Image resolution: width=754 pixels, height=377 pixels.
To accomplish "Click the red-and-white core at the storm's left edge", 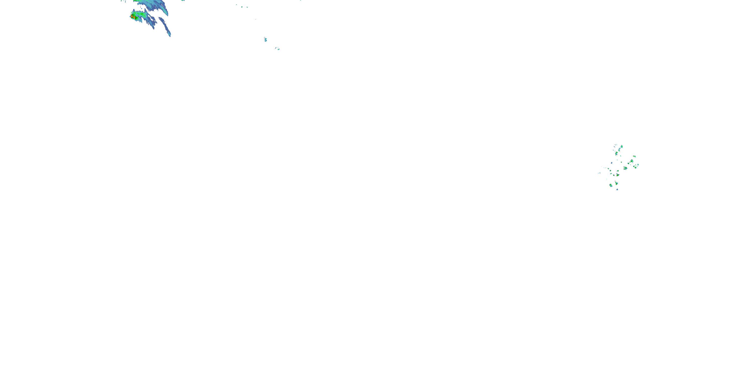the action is coord(131,16).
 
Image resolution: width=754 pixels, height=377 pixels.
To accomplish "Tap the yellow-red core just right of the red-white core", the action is coord(134,18).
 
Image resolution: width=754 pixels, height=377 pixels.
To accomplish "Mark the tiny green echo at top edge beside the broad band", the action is coord(183,0).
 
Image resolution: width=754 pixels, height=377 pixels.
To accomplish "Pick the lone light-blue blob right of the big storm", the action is coord(265,39).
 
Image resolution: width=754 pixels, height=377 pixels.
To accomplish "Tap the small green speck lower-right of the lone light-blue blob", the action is coord(277,49).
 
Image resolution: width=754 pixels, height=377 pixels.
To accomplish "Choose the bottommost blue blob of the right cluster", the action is coord(617,190).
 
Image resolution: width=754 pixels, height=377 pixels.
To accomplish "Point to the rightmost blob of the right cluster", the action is coord(638,165).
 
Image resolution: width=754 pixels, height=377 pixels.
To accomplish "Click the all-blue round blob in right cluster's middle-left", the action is coord(611,163).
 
